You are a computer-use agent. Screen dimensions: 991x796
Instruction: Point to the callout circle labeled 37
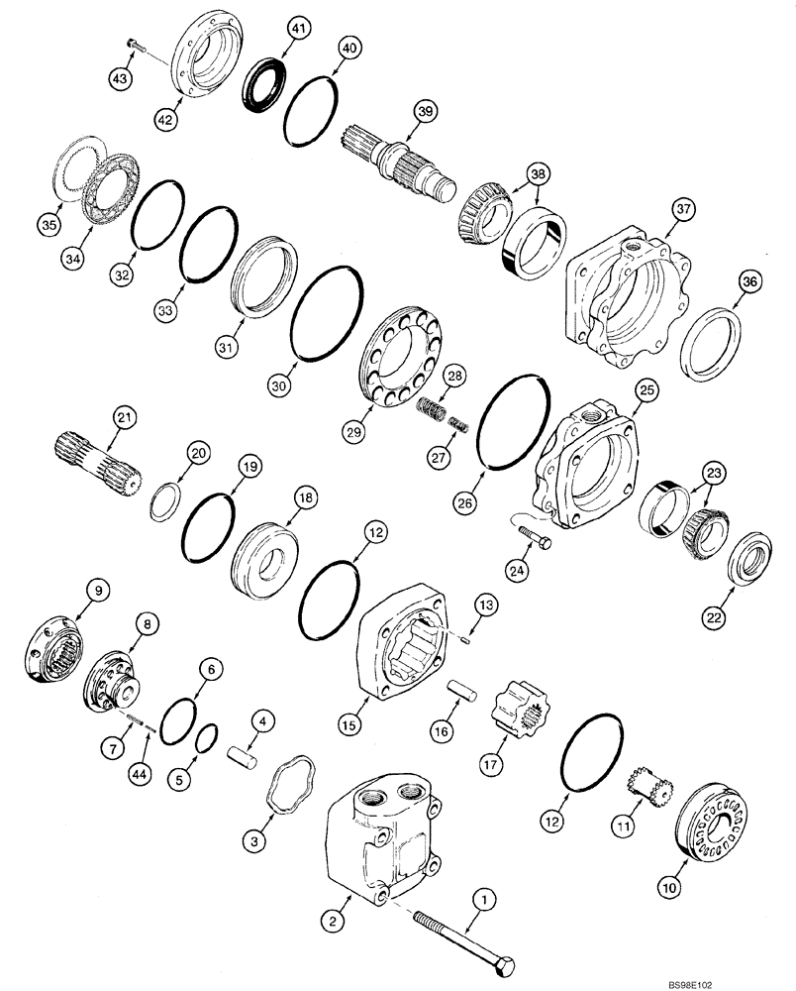683,208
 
